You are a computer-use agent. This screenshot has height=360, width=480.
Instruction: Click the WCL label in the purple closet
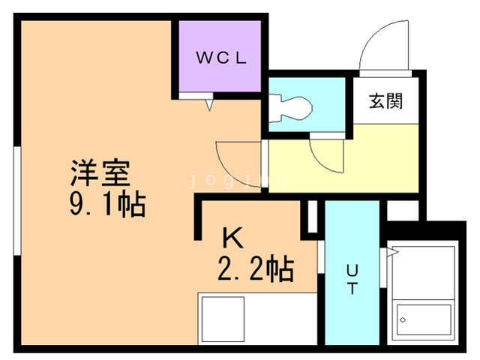coord(221,58)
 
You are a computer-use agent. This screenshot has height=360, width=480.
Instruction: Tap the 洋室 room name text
coord(100,172)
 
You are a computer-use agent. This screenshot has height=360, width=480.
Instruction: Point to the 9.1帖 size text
coord(107,204)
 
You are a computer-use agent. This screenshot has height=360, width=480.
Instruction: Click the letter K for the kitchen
coord(232,238)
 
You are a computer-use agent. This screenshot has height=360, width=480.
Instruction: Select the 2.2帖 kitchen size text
coord(256,269)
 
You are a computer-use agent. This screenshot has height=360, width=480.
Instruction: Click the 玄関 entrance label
coord(385,101)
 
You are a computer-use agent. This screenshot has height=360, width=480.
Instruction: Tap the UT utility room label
coord(352,279)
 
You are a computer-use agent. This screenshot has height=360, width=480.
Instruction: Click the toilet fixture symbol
coord(290,108)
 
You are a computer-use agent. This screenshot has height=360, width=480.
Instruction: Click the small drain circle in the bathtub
coord(403,320)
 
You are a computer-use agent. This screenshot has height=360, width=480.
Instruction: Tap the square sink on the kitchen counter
coord(223,319)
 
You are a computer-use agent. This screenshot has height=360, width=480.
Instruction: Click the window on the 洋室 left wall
coord(17,200)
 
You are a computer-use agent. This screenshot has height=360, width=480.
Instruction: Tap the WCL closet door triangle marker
coord(209,105)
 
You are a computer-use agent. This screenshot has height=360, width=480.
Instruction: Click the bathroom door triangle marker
coord(393,252)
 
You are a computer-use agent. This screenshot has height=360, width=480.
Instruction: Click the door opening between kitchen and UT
coord(321,256)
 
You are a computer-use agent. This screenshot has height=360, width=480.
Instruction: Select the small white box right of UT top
coord(403,210)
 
